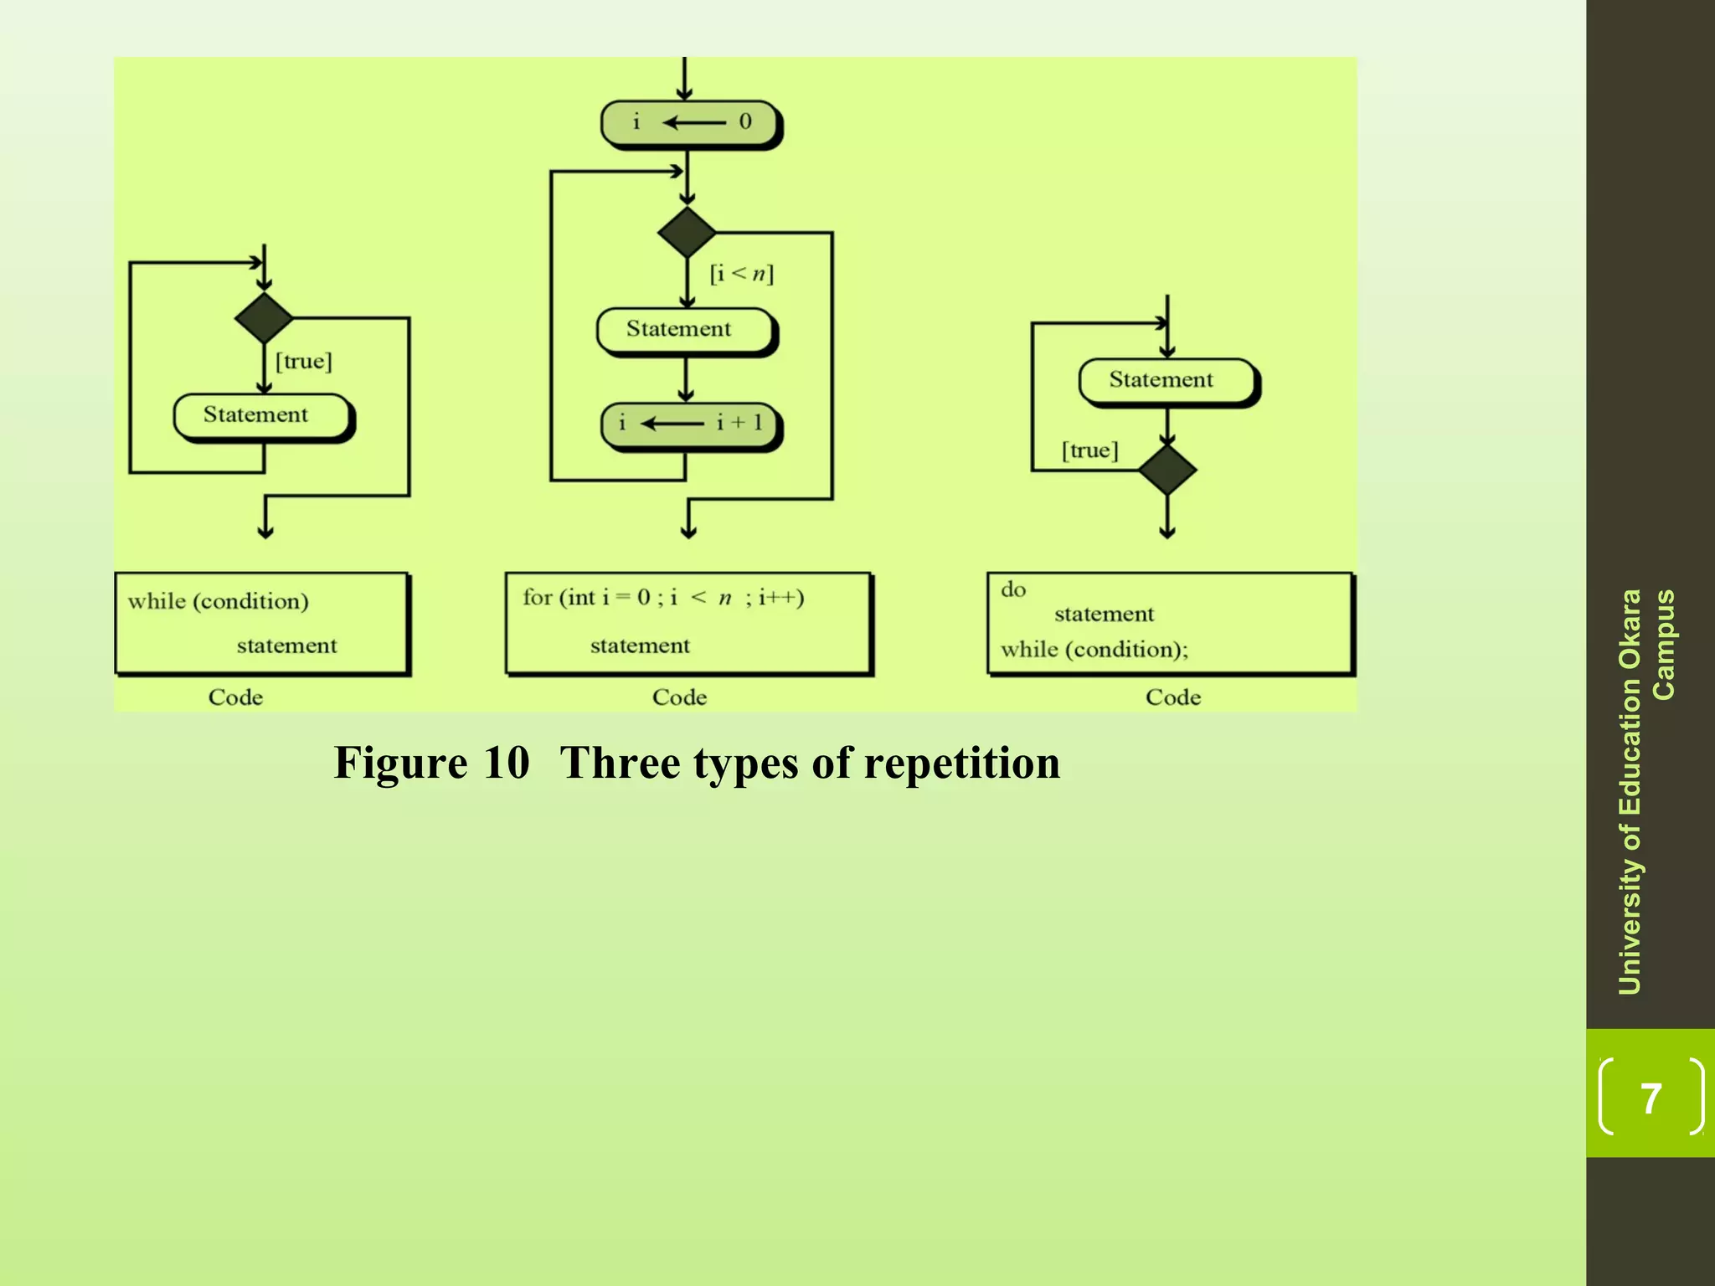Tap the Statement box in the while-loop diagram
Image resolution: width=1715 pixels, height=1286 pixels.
(261, 415)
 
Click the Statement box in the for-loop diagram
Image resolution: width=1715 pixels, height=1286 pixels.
(685, 330)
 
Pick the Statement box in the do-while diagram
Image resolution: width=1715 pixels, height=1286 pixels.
(1167, 381)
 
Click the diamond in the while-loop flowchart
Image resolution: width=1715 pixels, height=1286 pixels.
(264, 318)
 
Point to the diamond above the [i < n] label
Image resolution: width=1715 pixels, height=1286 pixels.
(687, 232)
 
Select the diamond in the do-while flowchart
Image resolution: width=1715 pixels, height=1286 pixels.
(1167, 470)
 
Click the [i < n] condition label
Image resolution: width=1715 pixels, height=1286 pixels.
(741, 274)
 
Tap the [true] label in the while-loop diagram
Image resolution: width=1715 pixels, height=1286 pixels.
(303, 362)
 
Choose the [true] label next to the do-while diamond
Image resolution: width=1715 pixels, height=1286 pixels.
(1089, 451)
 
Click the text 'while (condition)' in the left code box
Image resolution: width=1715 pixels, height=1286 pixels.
(218, 601)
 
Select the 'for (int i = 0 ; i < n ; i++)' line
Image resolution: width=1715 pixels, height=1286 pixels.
(662, 598)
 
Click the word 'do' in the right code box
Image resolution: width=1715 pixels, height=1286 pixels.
(1012, 590)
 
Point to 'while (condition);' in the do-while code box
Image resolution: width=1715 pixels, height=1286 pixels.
(1094, 650)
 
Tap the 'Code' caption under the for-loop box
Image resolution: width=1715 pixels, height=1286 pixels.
(679, 697)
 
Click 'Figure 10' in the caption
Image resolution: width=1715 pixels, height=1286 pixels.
(431, 763)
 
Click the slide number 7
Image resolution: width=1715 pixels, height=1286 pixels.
(1650, 1098)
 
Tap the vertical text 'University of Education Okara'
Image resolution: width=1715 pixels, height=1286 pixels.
(1630, 791)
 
